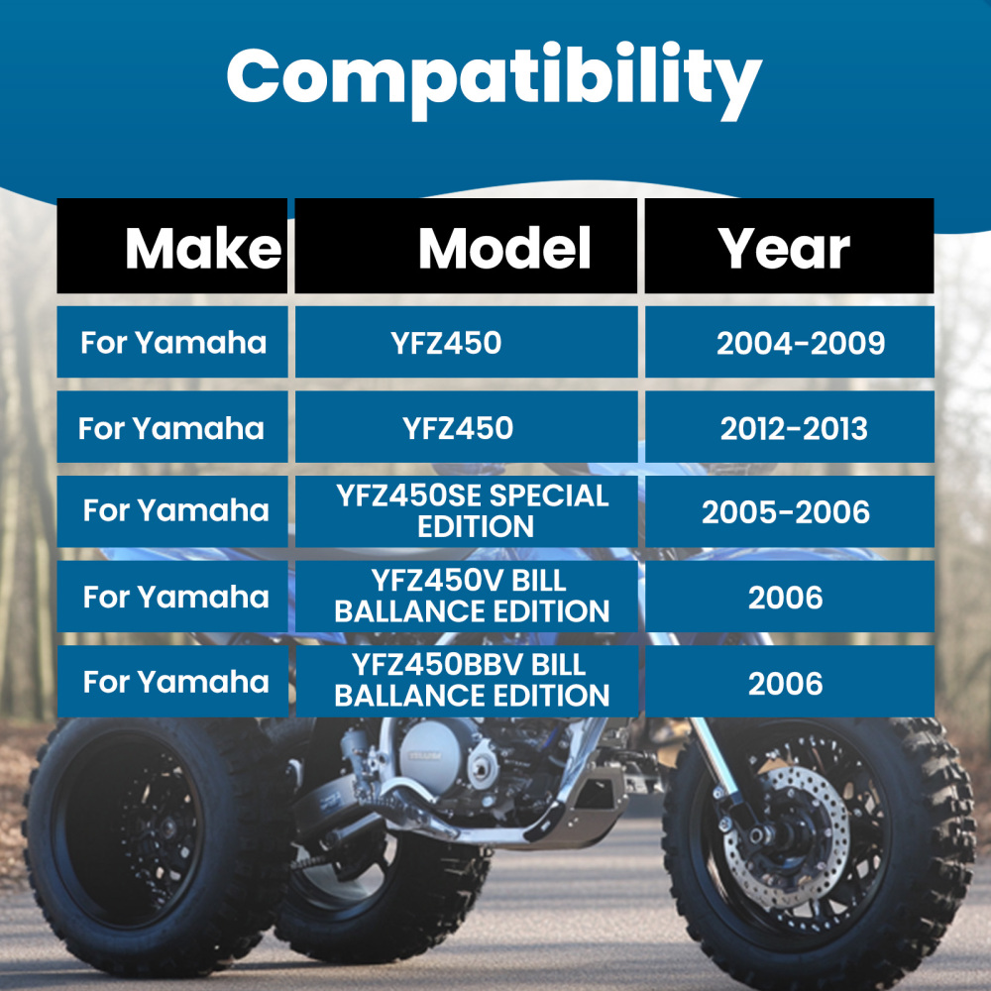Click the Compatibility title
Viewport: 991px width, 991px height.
[494, 78]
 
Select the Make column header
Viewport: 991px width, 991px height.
[202, 248]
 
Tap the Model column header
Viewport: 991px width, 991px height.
[504, 248]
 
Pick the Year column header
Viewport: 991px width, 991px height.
[784, 248]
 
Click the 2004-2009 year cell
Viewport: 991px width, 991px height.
[801, 343]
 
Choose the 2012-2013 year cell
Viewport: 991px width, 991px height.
[794, 428]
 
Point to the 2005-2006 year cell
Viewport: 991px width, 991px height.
[786, 511]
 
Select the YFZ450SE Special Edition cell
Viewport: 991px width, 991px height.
[473, 510]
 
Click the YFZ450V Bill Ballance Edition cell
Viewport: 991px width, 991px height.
[472, 596]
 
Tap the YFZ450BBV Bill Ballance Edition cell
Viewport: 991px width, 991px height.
[472, 680]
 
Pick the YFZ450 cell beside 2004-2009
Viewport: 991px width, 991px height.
[446, 343]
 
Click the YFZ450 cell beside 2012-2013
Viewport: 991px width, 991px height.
[458, 428]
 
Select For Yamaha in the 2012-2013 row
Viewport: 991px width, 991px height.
[171, 428]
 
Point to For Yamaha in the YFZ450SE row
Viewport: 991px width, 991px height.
[175, 510]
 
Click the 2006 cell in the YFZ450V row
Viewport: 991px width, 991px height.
[786, 597]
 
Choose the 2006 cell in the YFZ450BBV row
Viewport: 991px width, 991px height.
[786, 683]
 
